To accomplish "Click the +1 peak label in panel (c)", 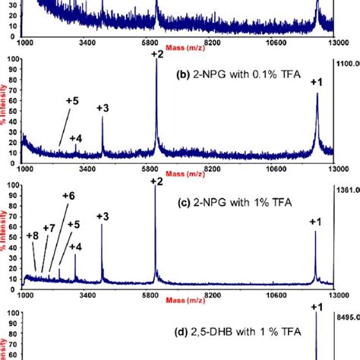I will [x=316, y=222].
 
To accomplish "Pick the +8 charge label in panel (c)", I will [x=32, y=235].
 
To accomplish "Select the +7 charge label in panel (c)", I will [x=49, y=228].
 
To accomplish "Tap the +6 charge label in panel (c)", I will [x=68, y=196].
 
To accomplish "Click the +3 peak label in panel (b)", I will [x=103, y=108].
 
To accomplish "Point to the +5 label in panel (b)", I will [x=72, y=100].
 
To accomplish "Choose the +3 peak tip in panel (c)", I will [x=102, y=226].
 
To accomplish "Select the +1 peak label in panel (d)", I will [x=318, y=307].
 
